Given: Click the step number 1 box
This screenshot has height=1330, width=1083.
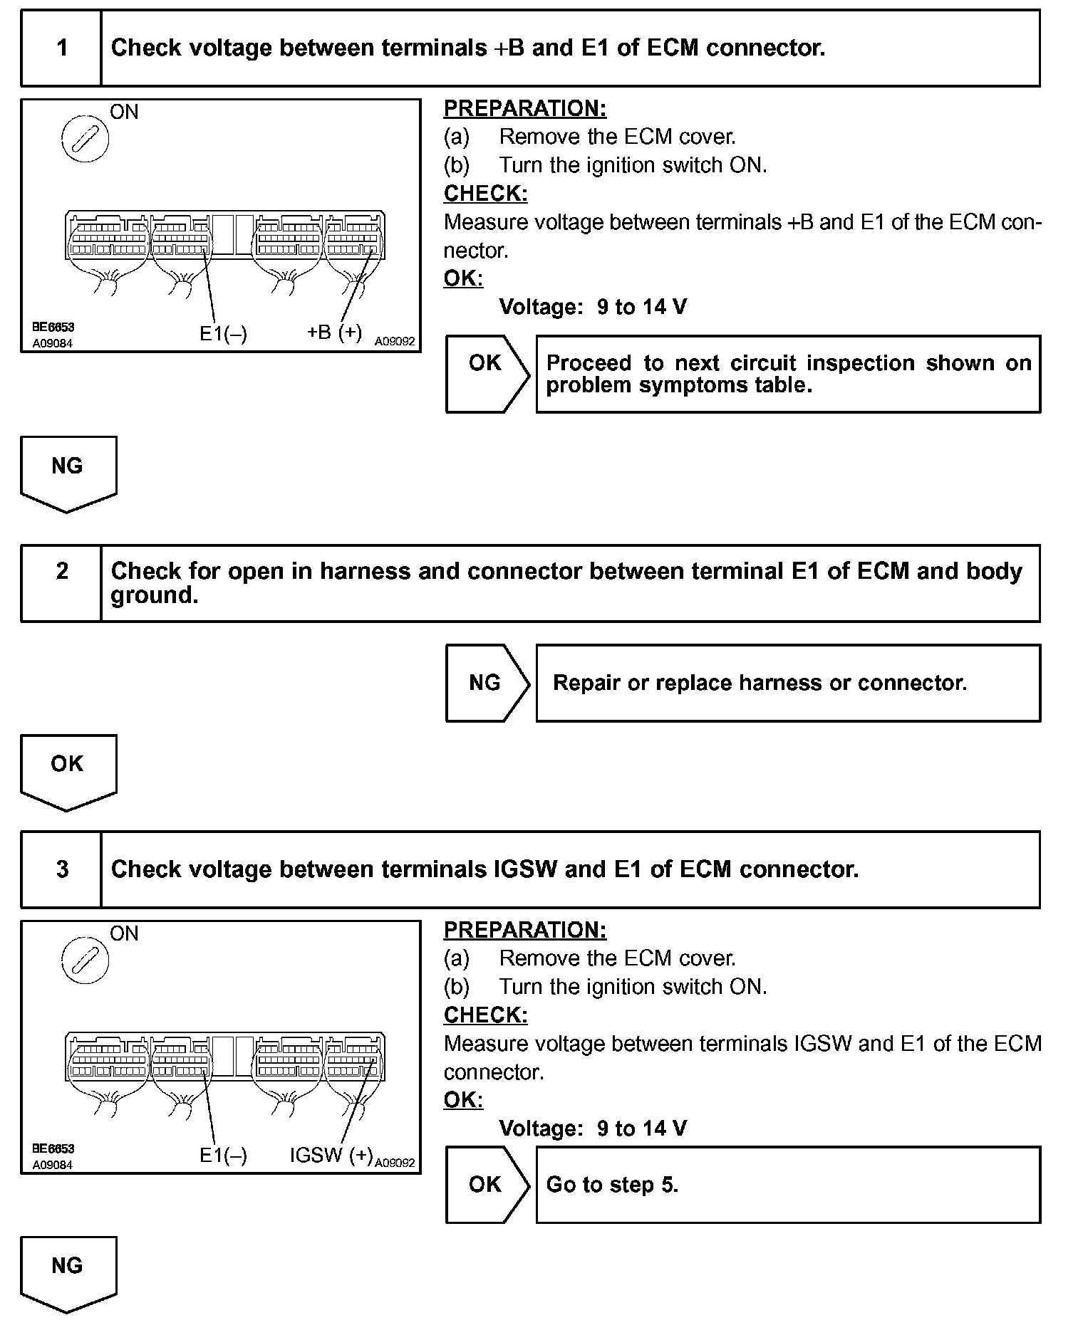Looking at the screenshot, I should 62,48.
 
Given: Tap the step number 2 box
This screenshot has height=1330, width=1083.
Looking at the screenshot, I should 62,583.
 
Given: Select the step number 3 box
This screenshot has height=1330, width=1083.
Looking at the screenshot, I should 62,869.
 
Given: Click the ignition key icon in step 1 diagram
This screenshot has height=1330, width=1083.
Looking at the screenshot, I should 85,138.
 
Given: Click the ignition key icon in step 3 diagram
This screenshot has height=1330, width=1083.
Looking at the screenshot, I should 85,960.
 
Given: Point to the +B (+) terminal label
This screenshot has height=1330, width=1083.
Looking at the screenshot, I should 334,332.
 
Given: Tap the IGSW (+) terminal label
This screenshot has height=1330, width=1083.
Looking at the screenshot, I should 331,1155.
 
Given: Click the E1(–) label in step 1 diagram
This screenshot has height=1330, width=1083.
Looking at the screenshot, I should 223,334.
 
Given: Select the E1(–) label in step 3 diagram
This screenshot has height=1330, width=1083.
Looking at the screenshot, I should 223,1156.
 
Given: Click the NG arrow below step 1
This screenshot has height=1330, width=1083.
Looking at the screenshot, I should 68,471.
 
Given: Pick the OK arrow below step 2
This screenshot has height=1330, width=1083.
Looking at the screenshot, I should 68,770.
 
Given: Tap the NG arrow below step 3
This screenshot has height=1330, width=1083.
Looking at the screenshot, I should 68,1272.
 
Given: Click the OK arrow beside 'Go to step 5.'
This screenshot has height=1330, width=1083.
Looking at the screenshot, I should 487,1185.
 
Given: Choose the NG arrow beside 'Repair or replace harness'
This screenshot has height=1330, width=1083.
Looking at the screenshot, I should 487,683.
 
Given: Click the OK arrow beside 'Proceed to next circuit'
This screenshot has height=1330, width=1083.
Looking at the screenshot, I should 487,372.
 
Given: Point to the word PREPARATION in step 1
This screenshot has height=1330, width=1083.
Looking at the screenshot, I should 525,109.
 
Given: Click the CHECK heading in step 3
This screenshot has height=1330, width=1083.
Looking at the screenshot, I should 485,1015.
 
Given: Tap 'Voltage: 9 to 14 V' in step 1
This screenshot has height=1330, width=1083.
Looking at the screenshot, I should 593,308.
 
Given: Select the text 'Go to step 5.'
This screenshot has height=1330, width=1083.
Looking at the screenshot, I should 612,1185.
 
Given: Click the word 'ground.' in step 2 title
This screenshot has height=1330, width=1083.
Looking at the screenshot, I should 154,596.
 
